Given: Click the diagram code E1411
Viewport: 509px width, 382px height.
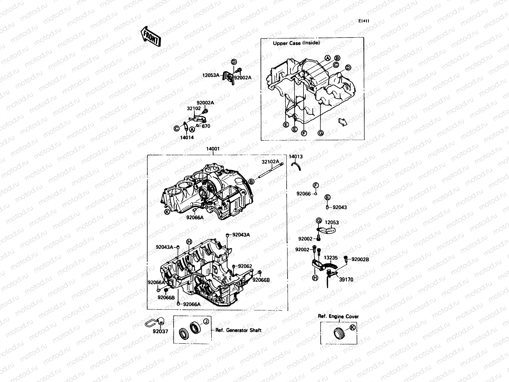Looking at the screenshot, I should (x=364, y=21).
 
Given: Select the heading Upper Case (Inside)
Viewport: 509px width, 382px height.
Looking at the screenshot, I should (x=296, y=43).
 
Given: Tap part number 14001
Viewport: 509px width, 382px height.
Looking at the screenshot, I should (x=213, y=149).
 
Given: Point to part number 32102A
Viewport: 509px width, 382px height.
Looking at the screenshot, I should (x=269, y=161).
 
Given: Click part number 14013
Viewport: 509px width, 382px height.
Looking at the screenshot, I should (x=296, y=157).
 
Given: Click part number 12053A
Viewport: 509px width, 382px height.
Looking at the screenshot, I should (x=211, y=75).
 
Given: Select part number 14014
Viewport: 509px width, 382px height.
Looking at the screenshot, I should (x=187, y=138).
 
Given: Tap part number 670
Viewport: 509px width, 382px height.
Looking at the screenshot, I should (x=206, y=126).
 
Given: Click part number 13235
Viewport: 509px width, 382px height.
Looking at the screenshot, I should (x=331, y=258).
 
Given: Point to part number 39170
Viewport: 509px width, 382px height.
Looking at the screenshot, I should (x=346, y=279).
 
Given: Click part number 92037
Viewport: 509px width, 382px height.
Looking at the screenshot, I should (x=160, y=331).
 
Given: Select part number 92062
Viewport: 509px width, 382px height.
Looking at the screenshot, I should (x=245, y=266).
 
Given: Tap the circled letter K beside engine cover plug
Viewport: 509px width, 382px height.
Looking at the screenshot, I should (x=352, y=327).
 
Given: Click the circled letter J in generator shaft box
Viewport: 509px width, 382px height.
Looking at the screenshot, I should (x=206, y=321).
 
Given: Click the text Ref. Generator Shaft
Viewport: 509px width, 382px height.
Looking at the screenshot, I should (x=238, y=330).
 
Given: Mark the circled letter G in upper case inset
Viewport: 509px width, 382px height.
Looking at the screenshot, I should (x=320, y=133).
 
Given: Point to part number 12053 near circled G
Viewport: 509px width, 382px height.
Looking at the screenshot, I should (x=331, y=223).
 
